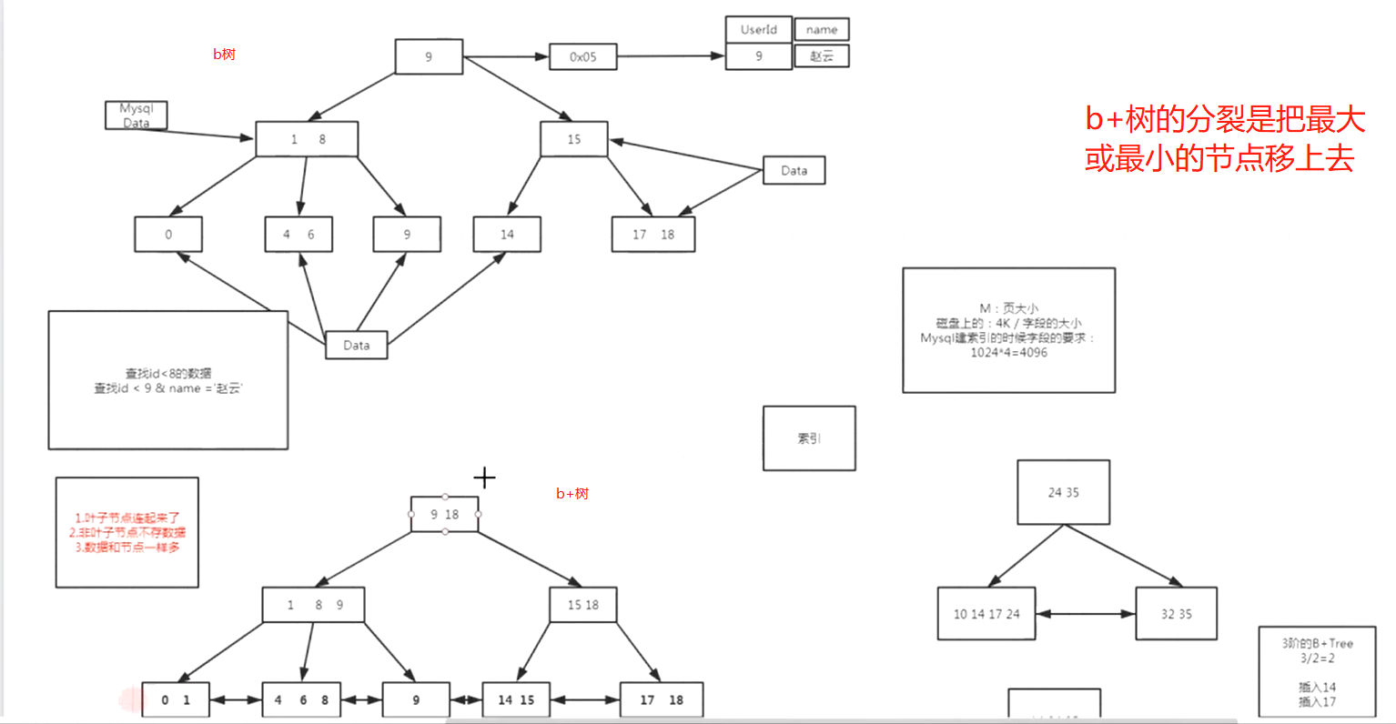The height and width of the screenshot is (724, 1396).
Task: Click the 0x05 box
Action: pos(582,56)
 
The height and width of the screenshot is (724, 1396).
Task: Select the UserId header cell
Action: pos(758,29)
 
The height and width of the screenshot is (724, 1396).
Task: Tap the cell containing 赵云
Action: pos(821,55)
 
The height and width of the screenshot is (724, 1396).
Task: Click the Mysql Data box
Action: pos(136,116)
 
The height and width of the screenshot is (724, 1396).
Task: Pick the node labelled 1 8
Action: pos(307,139)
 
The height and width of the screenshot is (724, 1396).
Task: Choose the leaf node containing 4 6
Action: pos(298,234)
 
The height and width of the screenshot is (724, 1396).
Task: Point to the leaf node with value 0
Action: pos(168,234)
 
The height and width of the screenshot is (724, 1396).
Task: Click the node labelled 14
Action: pos(507,234)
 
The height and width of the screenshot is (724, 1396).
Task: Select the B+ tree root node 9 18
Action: pos(444,514)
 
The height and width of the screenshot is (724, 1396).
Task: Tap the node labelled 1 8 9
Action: pos(313,605)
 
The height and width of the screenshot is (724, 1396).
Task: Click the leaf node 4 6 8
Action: pos(301,700)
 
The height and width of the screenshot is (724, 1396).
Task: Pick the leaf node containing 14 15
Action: pos(516,700)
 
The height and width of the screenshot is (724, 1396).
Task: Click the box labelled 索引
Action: pos(809,438)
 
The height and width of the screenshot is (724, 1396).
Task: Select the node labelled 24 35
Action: pos(1063,492)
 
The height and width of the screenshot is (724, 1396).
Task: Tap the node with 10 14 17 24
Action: pos(986,614)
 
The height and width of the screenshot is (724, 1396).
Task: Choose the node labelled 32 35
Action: pos(1176,614)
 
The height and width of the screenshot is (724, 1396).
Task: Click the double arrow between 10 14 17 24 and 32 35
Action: pos(1086,614)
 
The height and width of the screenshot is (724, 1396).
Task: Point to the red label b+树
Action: pos(572,494)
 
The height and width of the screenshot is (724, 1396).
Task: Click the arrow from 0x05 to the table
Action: pos(671,56)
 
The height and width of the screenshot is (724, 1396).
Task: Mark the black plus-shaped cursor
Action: pos(484,477)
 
